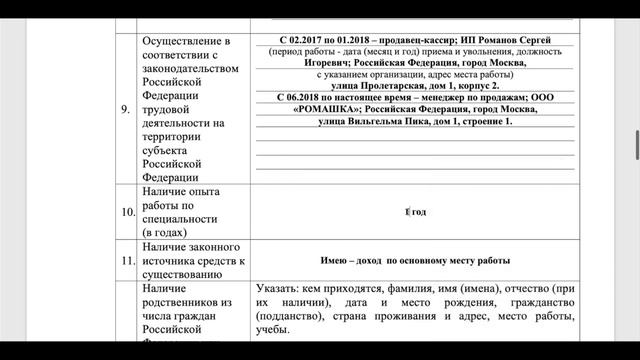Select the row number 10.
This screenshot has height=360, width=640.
coord(126,213)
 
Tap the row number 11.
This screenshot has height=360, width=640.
coord(126,261)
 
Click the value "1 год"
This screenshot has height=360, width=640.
coord(415,212)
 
